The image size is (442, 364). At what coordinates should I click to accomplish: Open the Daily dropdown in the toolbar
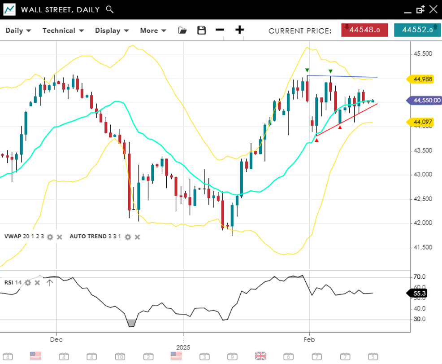(18, 31)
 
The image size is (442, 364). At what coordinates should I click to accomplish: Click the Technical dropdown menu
(63, 31)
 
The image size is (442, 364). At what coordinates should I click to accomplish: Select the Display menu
(112, 31)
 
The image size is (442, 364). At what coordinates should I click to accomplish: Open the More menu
(153, 31)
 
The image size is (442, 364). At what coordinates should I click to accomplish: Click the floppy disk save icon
(202, 30)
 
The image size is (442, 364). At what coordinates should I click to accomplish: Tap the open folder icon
(182, 30)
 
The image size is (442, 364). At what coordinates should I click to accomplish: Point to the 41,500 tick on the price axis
(423, 247)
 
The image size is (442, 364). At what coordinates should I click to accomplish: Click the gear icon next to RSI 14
(28, 283)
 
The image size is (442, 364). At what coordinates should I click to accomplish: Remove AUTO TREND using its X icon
(138, 237)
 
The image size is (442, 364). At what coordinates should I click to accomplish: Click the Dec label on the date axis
(56, 340)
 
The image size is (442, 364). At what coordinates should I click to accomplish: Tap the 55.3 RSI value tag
(419, 294)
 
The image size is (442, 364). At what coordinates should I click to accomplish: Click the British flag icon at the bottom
(260, 356)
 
